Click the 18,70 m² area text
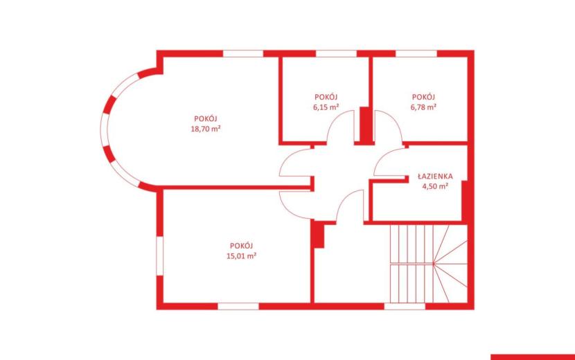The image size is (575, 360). point(205,129)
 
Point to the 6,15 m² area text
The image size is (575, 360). point(326,107)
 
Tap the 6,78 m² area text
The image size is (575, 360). point(423,107)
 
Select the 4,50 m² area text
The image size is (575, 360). point(435,186)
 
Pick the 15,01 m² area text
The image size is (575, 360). point(241,256)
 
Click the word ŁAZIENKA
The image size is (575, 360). point(435,176)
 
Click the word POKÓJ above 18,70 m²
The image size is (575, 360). point(205,118)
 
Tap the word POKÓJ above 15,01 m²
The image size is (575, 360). point(241,246)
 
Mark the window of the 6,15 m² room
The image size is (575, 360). point(336,53)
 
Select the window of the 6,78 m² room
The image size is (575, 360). point(416,53)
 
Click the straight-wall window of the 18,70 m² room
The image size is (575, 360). point(243,53)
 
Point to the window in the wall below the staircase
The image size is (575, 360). point(405,306)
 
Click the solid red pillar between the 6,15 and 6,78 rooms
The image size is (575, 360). point(365,125)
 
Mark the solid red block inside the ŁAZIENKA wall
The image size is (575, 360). point(465,201)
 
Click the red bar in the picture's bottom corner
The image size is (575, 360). point(533,357)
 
